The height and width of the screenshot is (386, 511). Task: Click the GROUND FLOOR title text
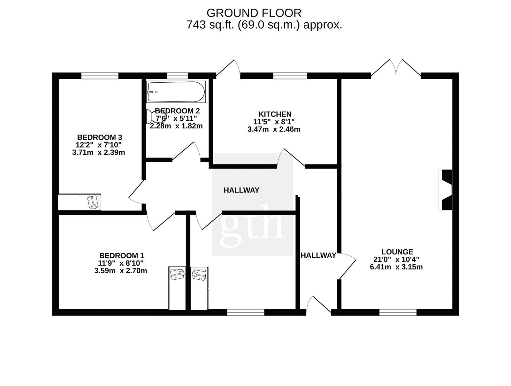click(254, 13)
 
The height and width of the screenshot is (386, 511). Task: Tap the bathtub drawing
click(176, 92)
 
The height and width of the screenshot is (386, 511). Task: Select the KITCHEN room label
click(275, 114)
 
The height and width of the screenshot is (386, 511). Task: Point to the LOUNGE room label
click(397, 252)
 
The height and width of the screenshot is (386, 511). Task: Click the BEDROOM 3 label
click(100, 137)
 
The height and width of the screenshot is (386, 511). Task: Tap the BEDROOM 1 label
click(122, 255)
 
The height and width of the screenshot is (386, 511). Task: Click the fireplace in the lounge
click(445, 190)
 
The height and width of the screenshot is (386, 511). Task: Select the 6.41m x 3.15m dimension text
click(396, 267)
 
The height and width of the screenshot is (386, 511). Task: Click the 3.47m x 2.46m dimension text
click(274, 129)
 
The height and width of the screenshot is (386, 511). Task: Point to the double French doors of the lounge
click(396, 68)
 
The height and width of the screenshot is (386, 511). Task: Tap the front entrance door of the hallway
click(318, 305)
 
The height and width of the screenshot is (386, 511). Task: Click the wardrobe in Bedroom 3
click(80, 202)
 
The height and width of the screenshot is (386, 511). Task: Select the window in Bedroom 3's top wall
click(100, 76)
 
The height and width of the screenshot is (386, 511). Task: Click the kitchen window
click(290, 76)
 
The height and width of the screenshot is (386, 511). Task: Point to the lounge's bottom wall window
click(398, 312)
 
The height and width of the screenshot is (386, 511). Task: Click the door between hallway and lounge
click(347, 266)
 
